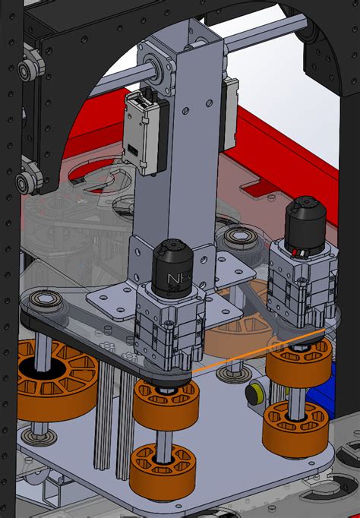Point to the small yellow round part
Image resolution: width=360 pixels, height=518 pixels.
tap(254, 392)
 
